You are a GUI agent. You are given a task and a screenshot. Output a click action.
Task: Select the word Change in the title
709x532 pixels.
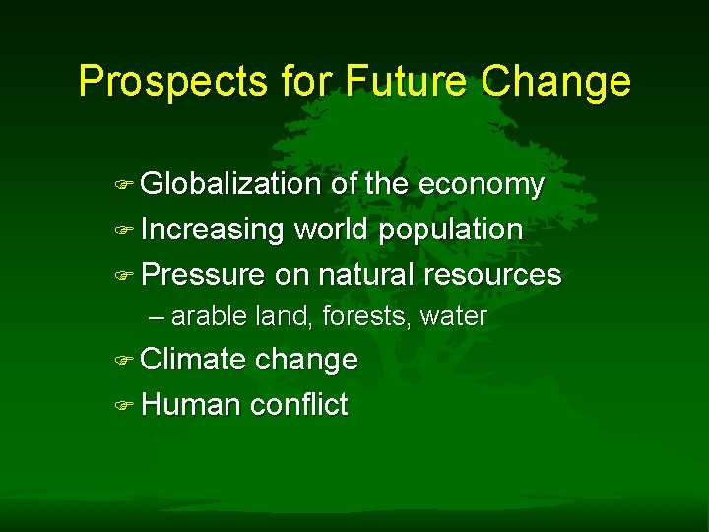tap(556, 81)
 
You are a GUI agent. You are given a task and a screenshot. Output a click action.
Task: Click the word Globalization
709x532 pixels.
tap(231, 184)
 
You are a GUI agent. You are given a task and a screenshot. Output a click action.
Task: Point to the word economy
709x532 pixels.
tap(481, 185)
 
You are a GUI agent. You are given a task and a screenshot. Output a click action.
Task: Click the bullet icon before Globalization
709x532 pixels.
tap(123, 185)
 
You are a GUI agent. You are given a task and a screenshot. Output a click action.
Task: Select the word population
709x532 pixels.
tap(451, 231)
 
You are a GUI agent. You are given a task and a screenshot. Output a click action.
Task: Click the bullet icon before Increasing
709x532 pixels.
tap(123, 231)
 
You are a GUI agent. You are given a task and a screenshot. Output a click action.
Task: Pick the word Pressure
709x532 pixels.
tap(204, 274)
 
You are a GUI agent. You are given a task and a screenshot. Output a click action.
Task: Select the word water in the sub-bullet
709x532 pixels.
tap(454, 316)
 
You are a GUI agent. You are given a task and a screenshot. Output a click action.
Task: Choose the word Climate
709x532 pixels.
tap(194, 360)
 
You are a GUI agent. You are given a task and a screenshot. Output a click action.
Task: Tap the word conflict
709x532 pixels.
tap(299, 404)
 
